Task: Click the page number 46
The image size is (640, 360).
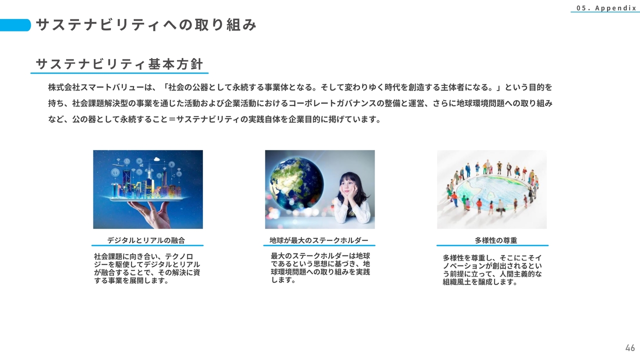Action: click(x=630, y=348)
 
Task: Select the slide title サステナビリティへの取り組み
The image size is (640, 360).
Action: click(x=146, y=25)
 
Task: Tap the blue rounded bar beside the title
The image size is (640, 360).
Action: click(x=15, y=25)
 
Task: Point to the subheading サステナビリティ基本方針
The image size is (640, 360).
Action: click(x=119, y=64)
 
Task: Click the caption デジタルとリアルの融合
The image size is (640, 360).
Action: click(x=146, y=240)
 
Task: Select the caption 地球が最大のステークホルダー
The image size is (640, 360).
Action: click(x=319, y=240)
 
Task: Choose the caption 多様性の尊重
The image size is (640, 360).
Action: click(x=496, y=240)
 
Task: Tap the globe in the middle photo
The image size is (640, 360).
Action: click(x=296, y=183)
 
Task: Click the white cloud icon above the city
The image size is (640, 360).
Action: click(x=156, y=159)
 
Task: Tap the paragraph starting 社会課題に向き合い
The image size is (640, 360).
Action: click(x=147, y=268)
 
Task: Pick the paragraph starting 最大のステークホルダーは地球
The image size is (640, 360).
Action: click(x=320, y=267)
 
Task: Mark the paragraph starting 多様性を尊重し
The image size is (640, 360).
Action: click(x=492, y=270)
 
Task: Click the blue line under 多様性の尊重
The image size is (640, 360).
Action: click(x=492, y=245)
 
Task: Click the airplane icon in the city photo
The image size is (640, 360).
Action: click(x=118, y=164)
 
